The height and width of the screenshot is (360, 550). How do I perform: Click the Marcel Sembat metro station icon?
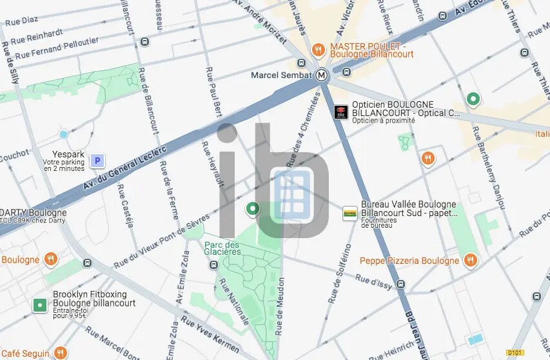pos(323,75)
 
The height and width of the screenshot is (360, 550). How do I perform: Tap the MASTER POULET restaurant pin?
pos(317,50)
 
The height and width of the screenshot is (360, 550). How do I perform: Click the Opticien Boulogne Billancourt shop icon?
pos(341,112)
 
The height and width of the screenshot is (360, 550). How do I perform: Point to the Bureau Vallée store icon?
pos(349,214)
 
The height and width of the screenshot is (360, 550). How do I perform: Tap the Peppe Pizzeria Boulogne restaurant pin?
pos(471,261)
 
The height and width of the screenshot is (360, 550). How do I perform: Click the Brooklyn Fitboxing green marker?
pos(40,305)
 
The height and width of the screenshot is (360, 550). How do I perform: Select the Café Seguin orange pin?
pos(61,352)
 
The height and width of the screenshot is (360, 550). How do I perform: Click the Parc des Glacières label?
pos(222,248)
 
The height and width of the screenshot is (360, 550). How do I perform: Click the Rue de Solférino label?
pos(339,274)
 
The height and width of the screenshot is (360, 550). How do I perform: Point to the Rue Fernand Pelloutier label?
pos(57,48)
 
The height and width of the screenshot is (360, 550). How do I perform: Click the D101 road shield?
pos(514,352)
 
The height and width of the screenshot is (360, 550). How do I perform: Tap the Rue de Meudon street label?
pos(280,307)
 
